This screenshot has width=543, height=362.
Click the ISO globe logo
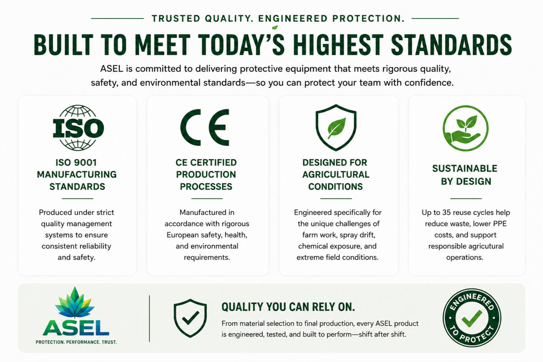[x=78, y=128]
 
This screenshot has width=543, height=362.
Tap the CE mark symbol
[x=205, y=127]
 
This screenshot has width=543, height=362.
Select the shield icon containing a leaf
[x=336, y=127]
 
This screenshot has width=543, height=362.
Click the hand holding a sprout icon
[x=466, y=128]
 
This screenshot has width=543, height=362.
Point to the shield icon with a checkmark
[x=190, y=318]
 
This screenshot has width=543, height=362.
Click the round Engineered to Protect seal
[x=472, y=318]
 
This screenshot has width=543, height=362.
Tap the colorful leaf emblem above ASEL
[x=75, y=302]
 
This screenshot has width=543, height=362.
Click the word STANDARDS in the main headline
[x=451, y=45]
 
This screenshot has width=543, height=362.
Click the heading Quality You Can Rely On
[x=288, y=307]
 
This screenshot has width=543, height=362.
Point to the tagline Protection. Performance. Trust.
[x=76, y=342]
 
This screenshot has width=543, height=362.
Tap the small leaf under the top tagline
[x=275, y=27]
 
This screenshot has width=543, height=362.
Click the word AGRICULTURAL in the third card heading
[x=336, y=174]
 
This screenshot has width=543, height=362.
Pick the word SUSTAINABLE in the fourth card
[x=465, y=168]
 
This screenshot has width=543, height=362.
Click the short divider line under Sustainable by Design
[x=466, y=198]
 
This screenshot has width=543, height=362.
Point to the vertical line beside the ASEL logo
[x=149, y=318]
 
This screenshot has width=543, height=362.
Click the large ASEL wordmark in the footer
[x=76, y=328]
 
